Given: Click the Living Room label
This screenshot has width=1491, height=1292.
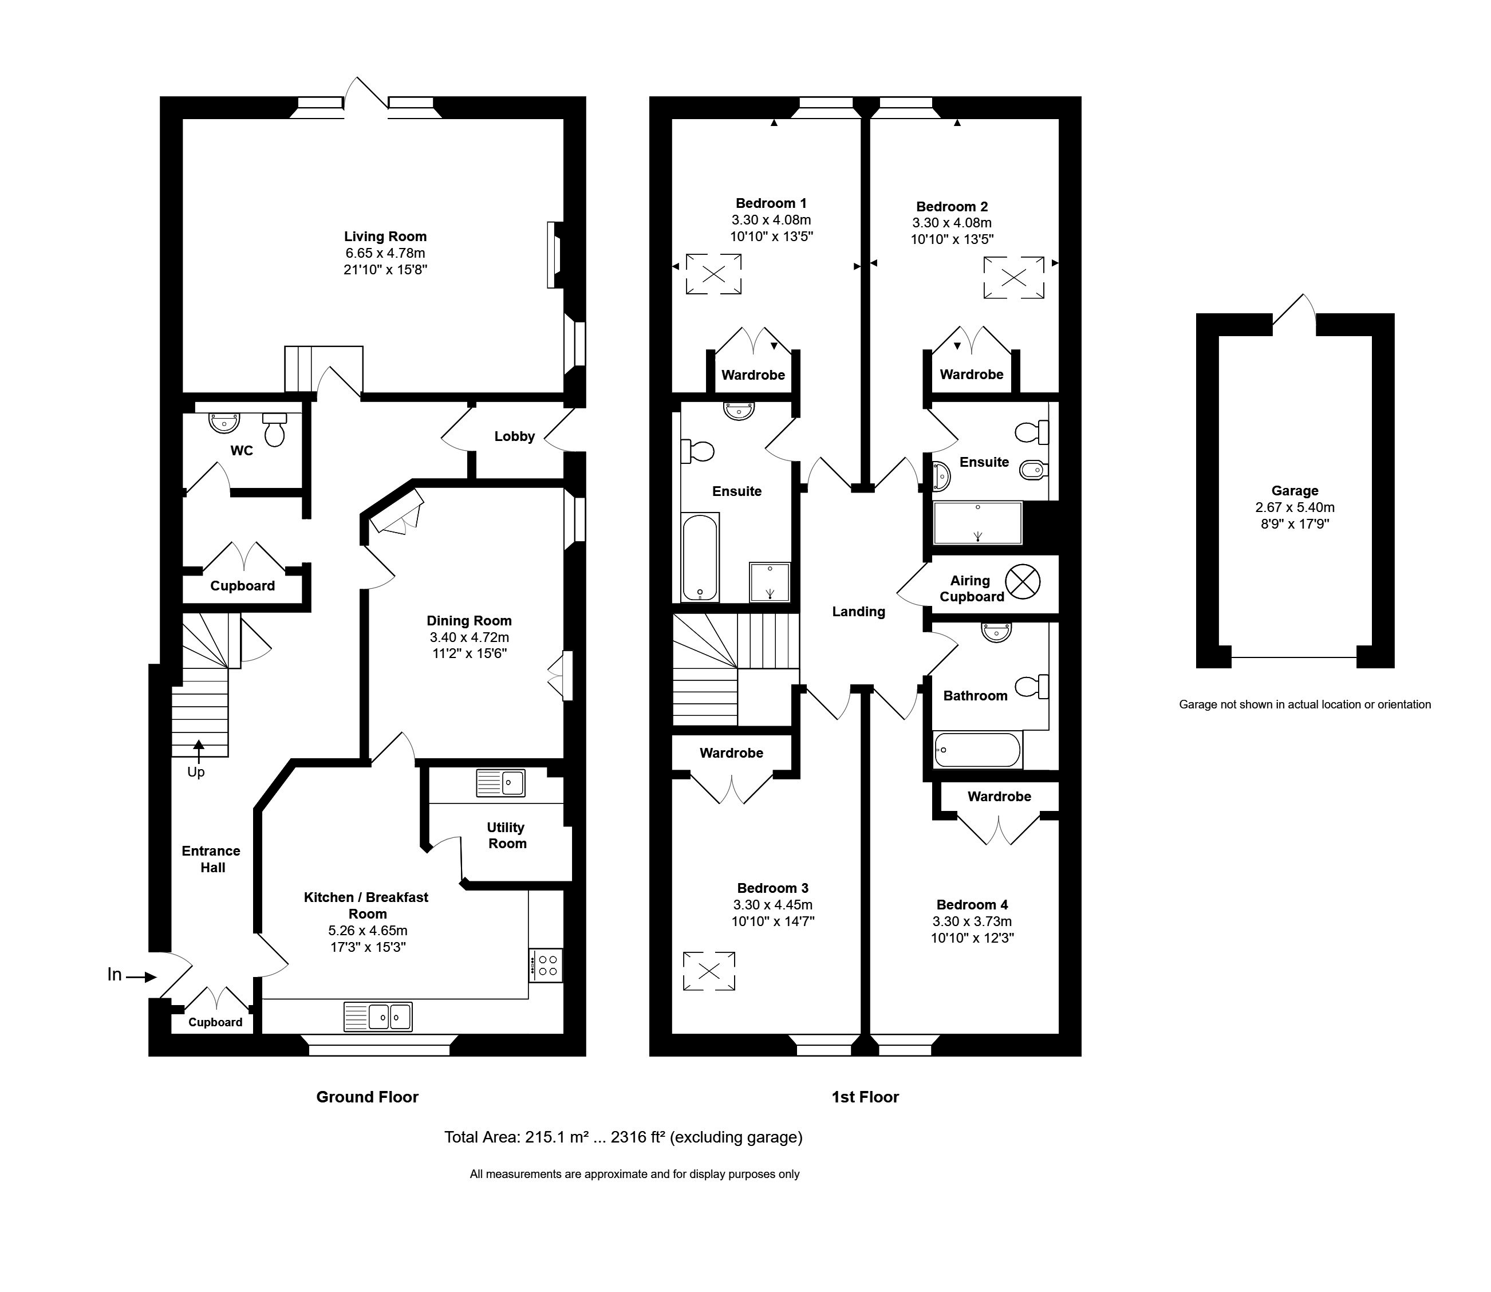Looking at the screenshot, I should (x=385, y=237).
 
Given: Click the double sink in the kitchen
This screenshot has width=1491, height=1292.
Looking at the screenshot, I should (x=378, y=1017).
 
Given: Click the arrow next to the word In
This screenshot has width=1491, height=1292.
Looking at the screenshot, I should (x=141, y=977).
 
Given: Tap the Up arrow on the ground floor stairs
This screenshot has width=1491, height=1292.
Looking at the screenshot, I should (x=198, y=750).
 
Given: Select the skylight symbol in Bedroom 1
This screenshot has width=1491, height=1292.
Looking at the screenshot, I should (x=713, y=274).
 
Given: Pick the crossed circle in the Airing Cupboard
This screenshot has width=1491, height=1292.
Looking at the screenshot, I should (x=1023, y=582).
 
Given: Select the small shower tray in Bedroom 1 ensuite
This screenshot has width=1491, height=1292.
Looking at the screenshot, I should (x=770, y=582).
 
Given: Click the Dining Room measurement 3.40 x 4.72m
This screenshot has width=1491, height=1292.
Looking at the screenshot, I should (x=469, y=637).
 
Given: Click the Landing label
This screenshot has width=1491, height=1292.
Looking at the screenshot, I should (x=858, y=612).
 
